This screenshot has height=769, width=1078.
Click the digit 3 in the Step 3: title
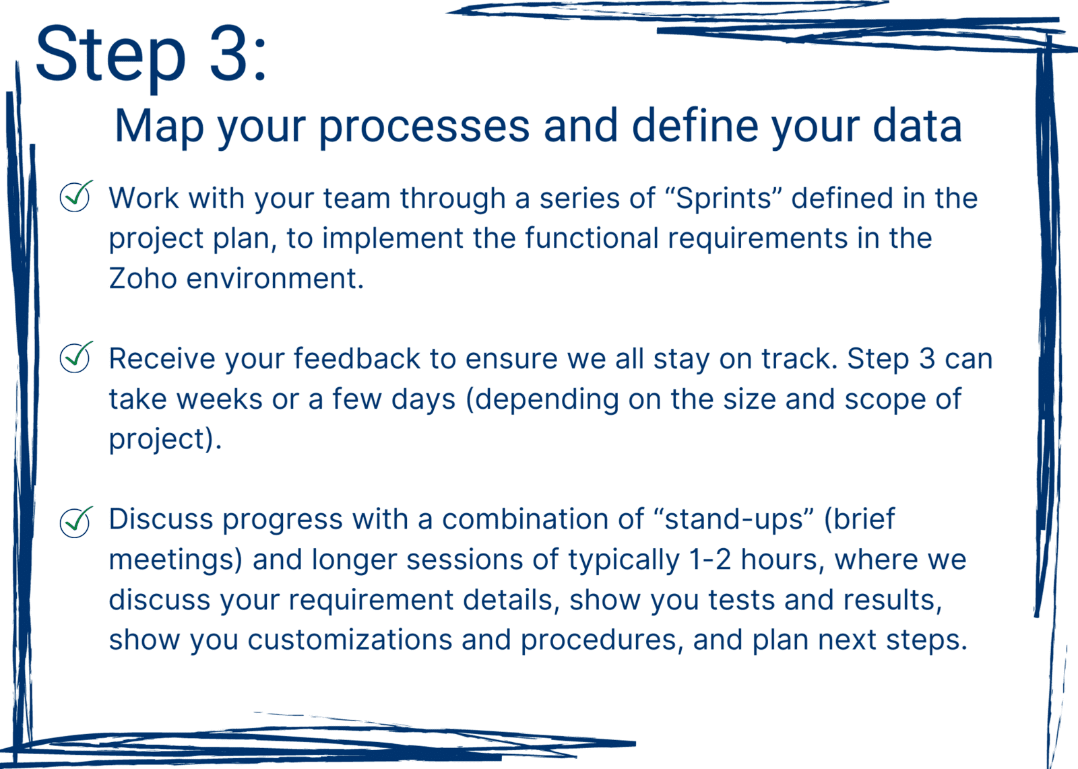point(232,53)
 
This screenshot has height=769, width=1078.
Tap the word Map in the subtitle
point(159,126)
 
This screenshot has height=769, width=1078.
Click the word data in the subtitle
point(917,125)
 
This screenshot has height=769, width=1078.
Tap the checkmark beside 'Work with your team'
point(76,196)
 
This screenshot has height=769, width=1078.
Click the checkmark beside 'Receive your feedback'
point(76,358)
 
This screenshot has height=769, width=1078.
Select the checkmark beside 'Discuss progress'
point(76,523)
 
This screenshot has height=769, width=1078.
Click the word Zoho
point(143,279)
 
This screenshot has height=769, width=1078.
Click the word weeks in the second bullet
point(220,399)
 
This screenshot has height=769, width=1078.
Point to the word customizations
point(350,640)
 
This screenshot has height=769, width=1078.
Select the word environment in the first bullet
point(275,279)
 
